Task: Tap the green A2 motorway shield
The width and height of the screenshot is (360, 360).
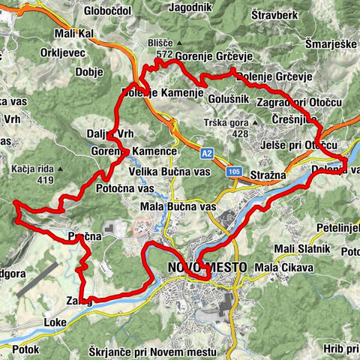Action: (x=207, y=153)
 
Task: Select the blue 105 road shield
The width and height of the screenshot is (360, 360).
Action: (x=235, y=171)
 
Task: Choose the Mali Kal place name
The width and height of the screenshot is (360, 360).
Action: (x=75, y=34)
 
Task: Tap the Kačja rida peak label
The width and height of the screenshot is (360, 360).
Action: (x=31, y=169)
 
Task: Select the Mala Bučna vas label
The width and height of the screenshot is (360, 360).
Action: (x=178, y=205)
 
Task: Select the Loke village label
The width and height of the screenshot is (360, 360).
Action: (x=55, y=322)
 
